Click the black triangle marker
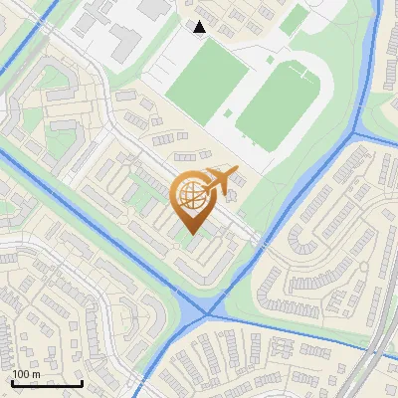(x=199, y=27)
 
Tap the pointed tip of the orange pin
(x=191, y=233)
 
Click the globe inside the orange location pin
(x=189, y=197)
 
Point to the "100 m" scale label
(x=26, y=373)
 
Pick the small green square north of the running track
(x=293, y=21)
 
